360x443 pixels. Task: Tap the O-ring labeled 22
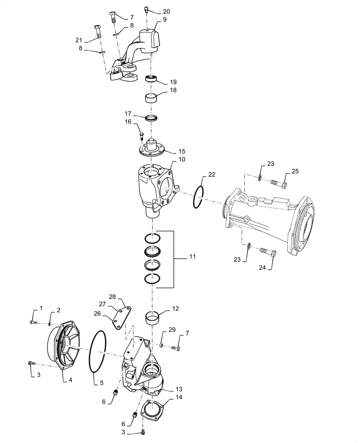click(x=198, y=197)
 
